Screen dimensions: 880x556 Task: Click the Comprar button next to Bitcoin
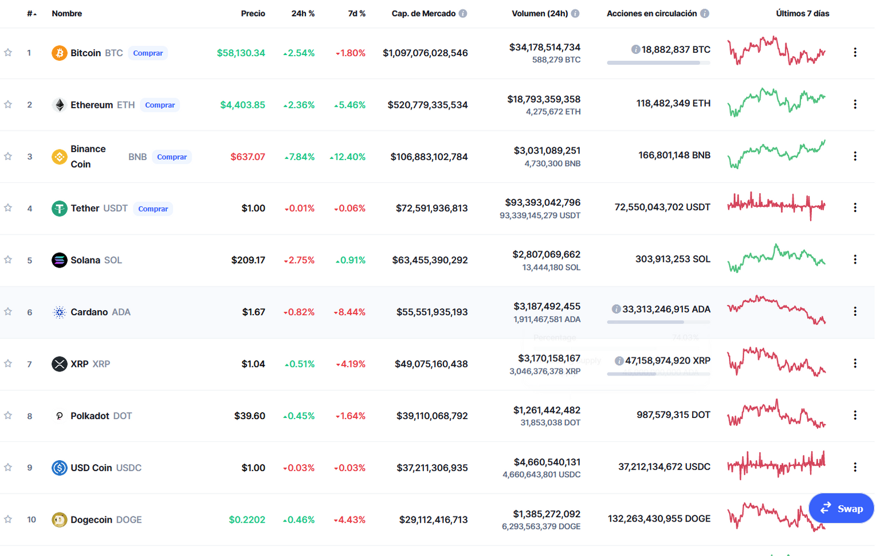(148, 53)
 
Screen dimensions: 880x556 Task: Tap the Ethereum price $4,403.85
(242, 105)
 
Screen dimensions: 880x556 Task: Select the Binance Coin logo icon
(60, 157)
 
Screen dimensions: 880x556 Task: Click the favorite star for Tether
(8, 208)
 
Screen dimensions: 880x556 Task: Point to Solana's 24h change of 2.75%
(299, 260)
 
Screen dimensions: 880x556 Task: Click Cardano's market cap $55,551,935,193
(432, 312)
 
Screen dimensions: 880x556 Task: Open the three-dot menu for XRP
(855, 363)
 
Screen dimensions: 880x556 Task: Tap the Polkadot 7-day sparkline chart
(776, 414)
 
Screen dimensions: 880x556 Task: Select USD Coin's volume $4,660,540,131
(547, 462)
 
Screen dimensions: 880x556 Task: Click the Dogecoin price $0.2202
(247, 520)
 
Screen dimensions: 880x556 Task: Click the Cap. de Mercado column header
(423, 13)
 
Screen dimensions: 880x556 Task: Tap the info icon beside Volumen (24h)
(575, 13)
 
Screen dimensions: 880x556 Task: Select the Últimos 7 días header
(803, 13)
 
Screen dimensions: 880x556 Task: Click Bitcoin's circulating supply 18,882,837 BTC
(675, 49)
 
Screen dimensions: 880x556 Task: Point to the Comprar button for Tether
(153, 209)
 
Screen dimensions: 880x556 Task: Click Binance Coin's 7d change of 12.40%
(348, 157)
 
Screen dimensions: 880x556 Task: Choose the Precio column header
(253, 13)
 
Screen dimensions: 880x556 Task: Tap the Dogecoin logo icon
(60, 520)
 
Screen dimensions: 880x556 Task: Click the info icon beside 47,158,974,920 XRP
(619, 361)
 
